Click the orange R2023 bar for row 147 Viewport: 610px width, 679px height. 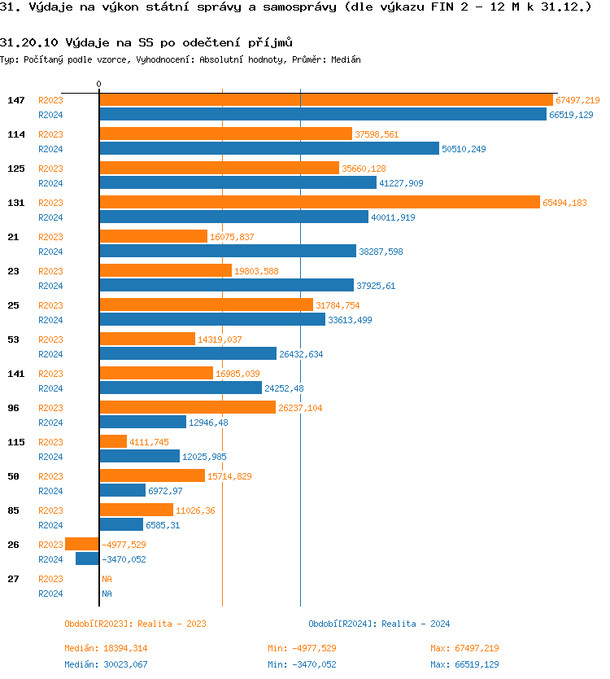[325, 100]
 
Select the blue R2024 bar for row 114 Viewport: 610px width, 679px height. [268, 149]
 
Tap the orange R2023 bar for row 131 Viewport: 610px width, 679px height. [319, 203]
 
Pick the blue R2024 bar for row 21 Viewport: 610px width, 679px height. [228, 252]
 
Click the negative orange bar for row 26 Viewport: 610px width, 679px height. [82, 545]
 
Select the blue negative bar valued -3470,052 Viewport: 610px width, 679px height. [87, 559]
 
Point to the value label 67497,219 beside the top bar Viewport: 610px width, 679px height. [577, 100]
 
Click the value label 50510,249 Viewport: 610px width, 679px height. [464, 149]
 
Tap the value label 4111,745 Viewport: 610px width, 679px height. [149, 442]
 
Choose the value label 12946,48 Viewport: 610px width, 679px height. [208, 423]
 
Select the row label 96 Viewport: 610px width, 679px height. [13, 408]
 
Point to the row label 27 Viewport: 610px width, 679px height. [13, 579]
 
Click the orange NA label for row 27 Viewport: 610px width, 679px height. [107, 579]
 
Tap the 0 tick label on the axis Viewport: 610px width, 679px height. [98, 84]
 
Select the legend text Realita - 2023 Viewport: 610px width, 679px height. [172, 624]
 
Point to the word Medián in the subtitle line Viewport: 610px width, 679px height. [346, 59]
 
